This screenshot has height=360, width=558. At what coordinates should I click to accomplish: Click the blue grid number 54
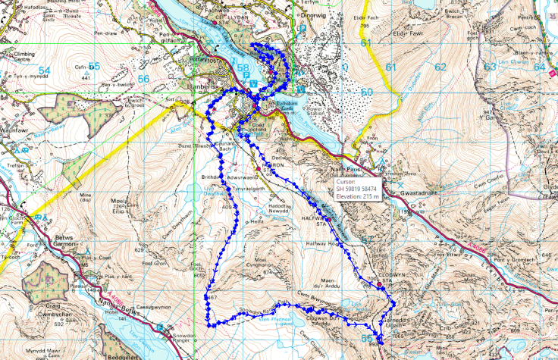point(45,70)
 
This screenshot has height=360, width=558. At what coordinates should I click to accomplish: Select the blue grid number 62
point(440,67)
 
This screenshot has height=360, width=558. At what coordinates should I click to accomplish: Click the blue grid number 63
point(490,67)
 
